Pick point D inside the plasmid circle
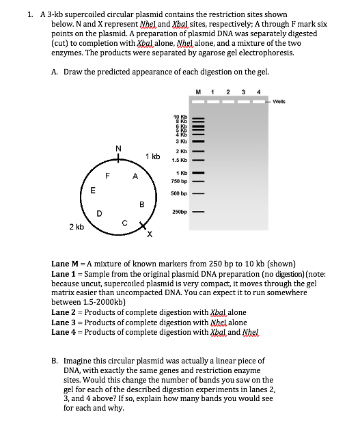pyautogui.click(x=100, y=213)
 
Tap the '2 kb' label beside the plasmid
pyautogui.click(x=76, y=226)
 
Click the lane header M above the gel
pyautogui.click(x=198, y=93)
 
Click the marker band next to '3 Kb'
pyautogui.click(x=198, y=140)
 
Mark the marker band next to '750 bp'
pyautogui.click(x=198, y=182)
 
